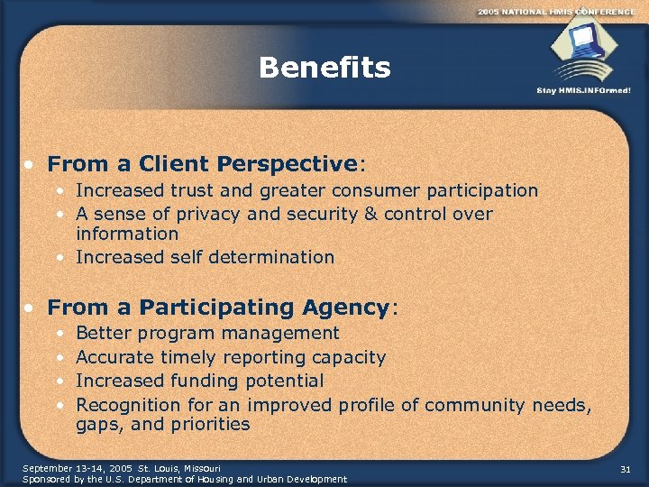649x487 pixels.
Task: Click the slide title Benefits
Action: click(324, 68)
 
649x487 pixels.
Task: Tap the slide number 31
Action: click(626, 468)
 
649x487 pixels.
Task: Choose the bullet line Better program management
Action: click(207, 334)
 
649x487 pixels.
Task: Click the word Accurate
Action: click(115, 357)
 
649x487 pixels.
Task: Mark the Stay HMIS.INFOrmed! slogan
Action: click(583, 90)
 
